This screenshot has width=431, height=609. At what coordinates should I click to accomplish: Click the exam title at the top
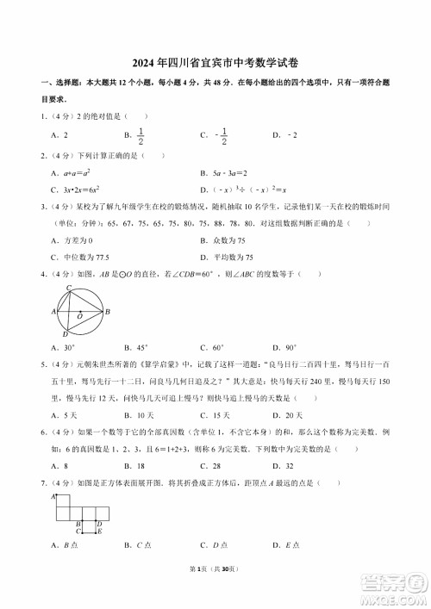click(215, 62)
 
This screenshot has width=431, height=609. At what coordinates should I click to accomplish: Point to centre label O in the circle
click(79, 317)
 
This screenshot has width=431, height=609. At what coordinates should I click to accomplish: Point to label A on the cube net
click(53, 497)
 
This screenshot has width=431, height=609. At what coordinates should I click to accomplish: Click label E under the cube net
click(99, 531)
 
